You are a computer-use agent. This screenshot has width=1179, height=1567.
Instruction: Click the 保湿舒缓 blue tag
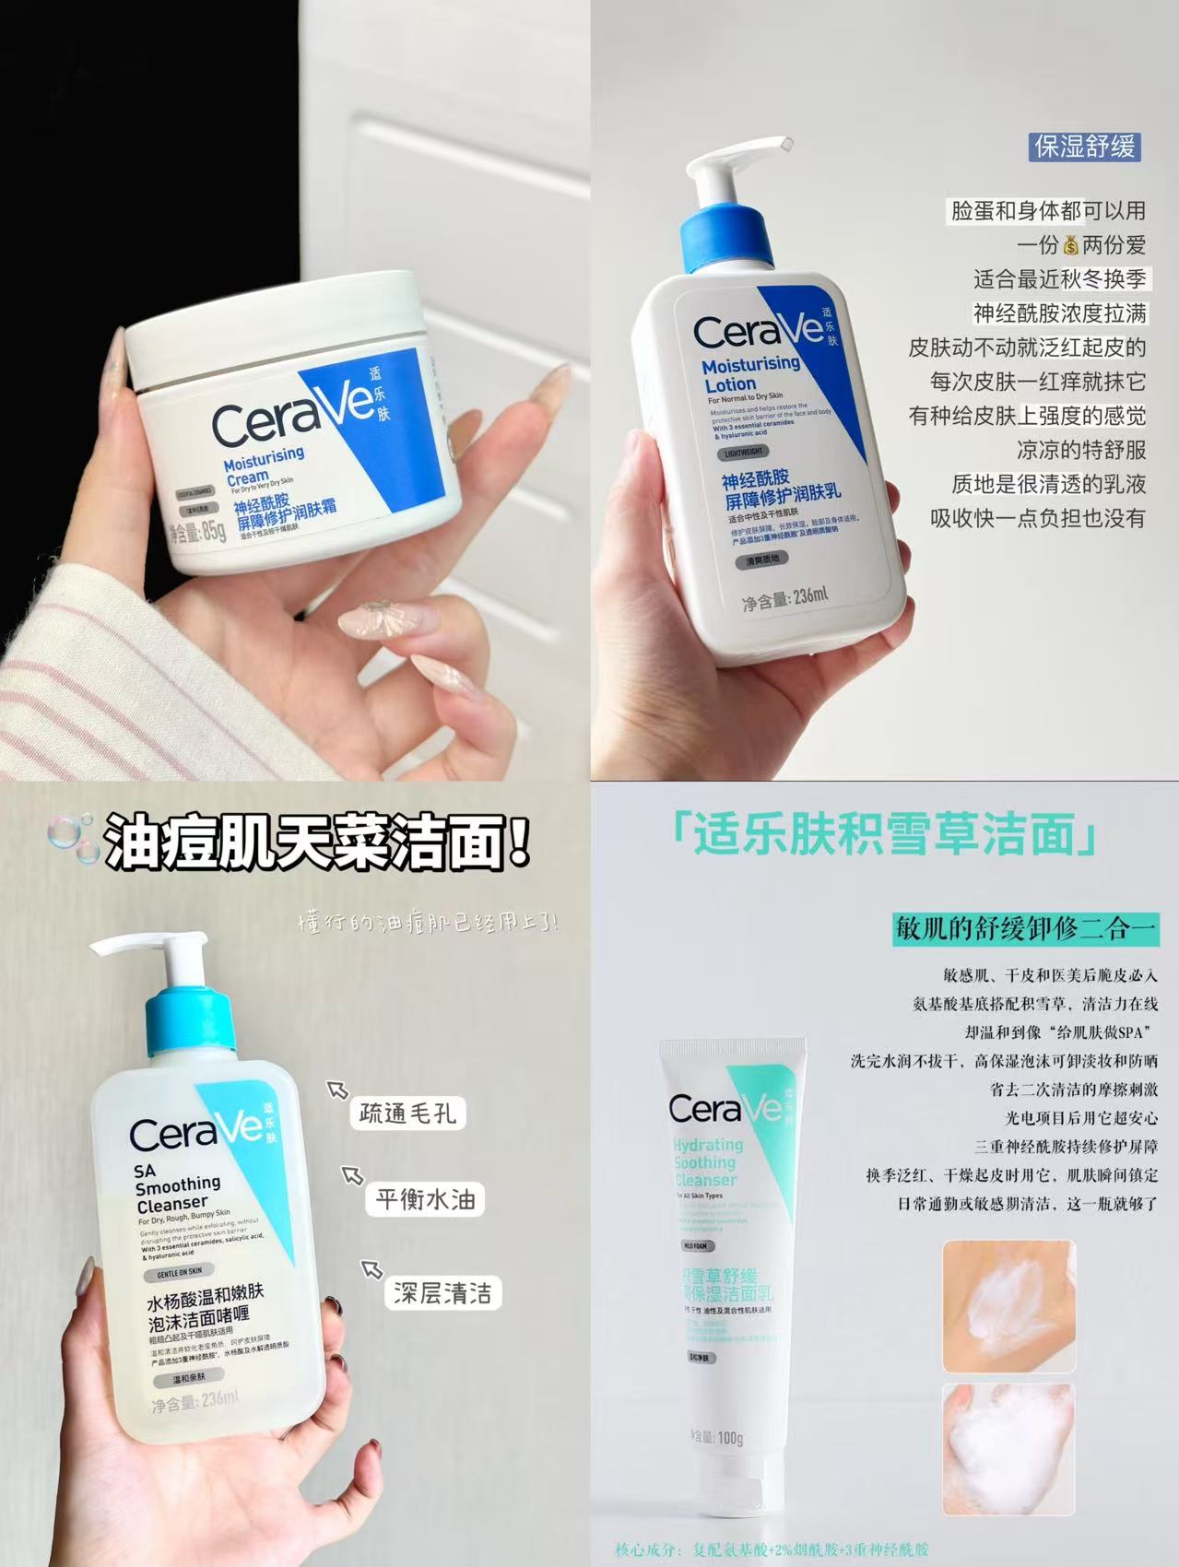pyautogui.click(x=1084, y=147)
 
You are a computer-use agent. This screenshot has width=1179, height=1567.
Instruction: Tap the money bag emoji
pyautogui.click(x=1069, y=244)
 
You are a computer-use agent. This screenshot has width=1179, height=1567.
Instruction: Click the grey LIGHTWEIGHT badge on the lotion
pyautogui.click(x=746, y=453)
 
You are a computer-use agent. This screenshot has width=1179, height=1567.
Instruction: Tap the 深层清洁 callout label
pyautogui.click(x=442, y=1292)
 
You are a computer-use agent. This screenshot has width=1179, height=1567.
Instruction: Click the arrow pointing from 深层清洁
pyautogui.click(x=371, y=1270)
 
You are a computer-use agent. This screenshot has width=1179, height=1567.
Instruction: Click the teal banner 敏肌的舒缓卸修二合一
pyautogui.click(x=1025, y=928)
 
